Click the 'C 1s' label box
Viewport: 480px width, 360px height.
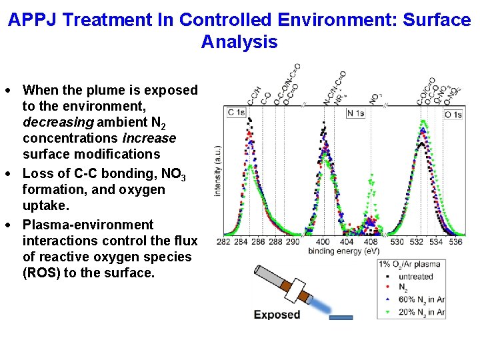coord(236,113)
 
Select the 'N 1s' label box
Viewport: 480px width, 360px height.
coord(355,113)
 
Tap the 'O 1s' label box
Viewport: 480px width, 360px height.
coord(453,115)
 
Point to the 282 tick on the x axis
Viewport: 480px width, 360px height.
coord(224,242)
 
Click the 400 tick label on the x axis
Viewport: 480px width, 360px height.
coord(323,242)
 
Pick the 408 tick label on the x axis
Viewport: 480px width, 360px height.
coord(371,242)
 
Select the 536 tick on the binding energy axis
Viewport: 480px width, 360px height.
coord(455,242)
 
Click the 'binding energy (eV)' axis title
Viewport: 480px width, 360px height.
coord(343,251)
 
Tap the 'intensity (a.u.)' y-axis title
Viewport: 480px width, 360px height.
coord(217,172)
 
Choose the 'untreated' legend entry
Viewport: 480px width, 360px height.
coord(415,277)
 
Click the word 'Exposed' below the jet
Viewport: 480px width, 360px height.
coord(277,315)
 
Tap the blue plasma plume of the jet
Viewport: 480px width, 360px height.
coord(323,306)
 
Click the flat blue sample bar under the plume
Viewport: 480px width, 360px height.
coord(341,318)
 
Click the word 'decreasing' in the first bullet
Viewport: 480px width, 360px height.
coord(58,122)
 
